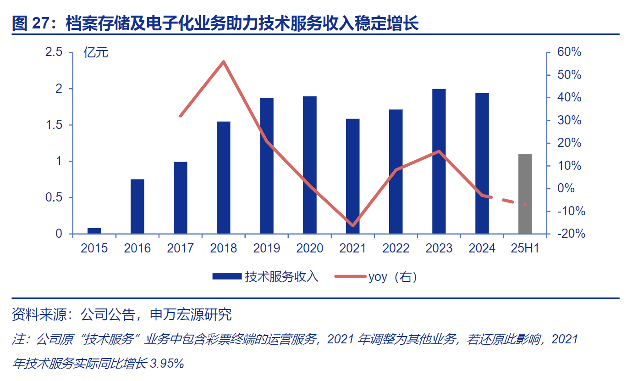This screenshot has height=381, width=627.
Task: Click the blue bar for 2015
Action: [94, 231]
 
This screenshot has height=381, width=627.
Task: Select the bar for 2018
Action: [224, 178]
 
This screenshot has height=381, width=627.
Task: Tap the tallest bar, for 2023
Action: [439, 162]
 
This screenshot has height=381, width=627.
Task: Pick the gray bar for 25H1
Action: [525, 194]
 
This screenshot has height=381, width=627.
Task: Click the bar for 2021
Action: [353, 176]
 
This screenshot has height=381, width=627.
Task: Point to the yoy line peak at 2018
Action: [224, 62]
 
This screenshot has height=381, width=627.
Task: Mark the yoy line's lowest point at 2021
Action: [353, 226]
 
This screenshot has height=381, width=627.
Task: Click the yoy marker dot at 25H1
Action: [525, 204]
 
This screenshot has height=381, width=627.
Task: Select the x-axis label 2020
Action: [310, 248]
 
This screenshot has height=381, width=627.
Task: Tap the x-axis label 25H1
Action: [525, 248]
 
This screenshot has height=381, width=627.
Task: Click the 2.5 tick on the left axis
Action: [54, 52]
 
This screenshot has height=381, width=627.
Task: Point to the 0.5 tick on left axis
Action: [54, 198]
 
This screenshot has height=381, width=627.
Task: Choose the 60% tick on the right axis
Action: [569, 52]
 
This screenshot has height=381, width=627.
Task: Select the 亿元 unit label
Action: [96, 53]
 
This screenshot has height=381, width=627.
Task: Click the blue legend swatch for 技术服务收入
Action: [227, 276]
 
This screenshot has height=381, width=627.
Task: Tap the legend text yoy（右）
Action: [392, 276]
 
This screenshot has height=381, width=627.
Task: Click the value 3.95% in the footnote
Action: [166, 364]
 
